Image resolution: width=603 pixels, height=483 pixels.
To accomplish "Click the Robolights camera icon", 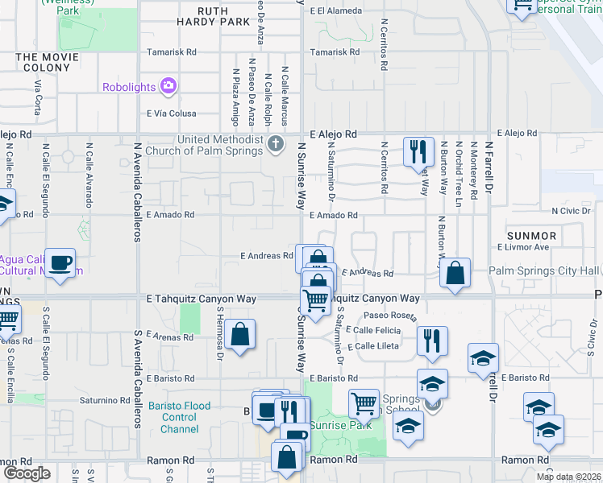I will tap(168, 85).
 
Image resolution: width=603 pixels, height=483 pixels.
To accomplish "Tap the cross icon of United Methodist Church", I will tap(276, 145).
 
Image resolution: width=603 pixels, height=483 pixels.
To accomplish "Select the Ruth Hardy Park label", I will tap(214, 22).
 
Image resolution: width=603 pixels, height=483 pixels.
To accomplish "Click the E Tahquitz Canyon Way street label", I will tap(202, 299).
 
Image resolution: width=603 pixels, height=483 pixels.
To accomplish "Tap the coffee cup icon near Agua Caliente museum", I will tap(60, 262).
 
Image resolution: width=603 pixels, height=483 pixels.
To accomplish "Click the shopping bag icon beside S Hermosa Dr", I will tap(240, 333).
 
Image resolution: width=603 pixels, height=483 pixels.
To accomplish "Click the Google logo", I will tap(26, 473).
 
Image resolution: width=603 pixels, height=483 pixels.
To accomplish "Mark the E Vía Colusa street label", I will tap(173, 114).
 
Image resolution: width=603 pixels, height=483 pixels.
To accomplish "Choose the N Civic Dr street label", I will tap(572, 210).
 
